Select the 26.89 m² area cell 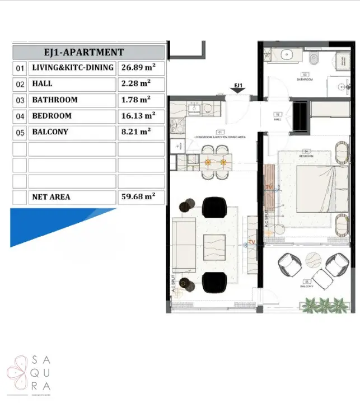(x=141, y=68)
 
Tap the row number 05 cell (x=20, y=132)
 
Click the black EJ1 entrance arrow (x=239, y=93)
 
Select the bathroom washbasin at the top (x=286, y=55)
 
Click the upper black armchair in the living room (x=213, y=207)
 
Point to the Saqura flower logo (x=18, y=371)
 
